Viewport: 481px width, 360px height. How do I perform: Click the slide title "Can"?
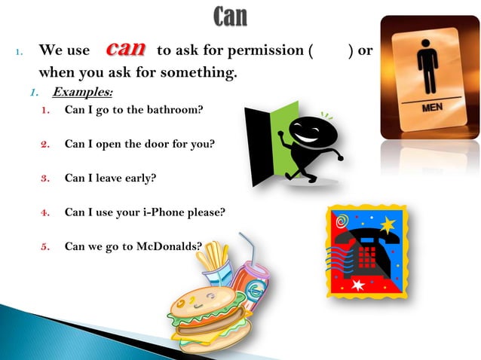(x=230, y=16)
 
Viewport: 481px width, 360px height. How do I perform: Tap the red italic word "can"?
(x=125, y=50)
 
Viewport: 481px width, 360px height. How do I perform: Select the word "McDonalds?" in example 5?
(x=171, y=246)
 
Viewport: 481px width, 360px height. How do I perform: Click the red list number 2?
(x=45, y=144)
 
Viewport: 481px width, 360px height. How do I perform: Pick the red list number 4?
(x=45, y=212)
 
